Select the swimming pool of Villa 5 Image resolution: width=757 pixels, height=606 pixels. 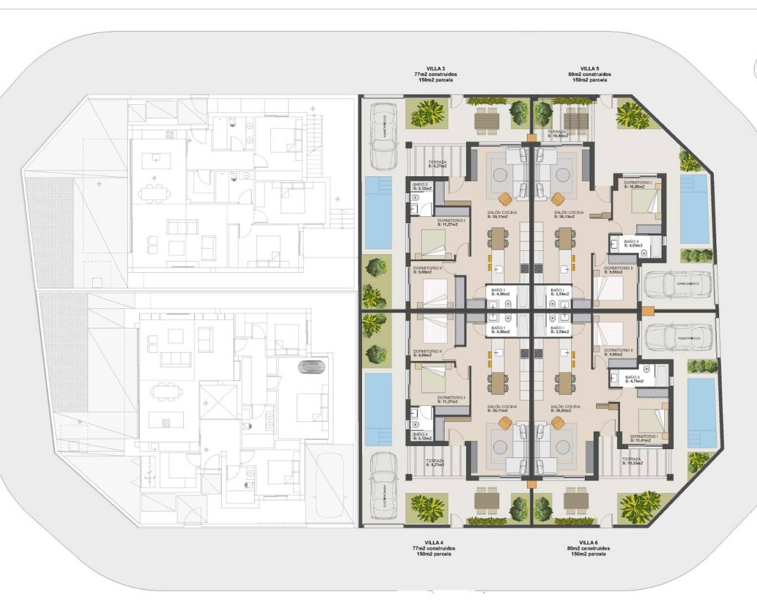(694, 209)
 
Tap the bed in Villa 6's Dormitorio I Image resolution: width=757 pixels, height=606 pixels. (651, 419)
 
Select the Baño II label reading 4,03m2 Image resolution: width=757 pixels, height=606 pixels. (632, 244)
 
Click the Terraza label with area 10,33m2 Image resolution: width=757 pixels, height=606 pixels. (632, 462)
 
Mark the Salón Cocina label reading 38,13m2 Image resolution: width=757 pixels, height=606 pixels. (568, 214)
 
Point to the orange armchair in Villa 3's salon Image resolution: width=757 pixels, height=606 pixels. (504, 198)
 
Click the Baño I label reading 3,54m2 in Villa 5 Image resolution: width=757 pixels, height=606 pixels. (559, 291)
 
